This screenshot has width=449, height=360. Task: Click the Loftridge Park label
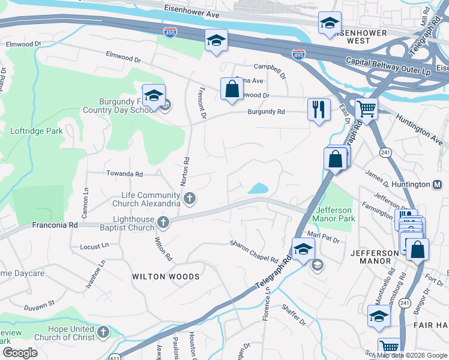tap(36, 130)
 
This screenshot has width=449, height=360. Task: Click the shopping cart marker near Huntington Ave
tap(366, 110)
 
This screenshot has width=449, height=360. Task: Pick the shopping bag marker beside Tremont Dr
tap(231, 89)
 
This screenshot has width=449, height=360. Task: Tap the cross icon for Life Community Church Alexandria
tap(189, 198)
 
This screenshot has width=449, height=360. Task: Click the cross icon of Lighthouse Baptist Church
tap(163, 223)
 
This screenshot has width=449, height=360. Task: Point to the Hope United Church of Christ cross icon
tap(104, 332)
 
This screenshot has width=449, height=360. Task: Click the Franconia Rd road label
tap(56, 225)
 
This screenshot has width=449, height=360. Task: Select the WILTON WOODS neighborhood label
tap(165, 277)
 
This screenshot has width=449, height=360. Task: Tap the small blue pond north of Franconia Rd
tap(258, 188)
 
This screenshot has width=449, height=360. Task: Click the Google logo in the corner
tap(20, 353)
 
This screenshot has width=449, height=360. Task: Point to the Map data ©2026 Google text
tap(412, 355)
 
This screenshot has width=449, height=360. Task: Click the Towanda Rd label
tap(124, 174)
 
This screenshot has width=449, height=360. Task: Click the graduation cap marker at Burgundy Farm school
tap(154, 95)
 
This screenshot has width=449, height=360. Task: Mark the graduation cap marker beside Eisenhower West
tap(329, 23)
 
